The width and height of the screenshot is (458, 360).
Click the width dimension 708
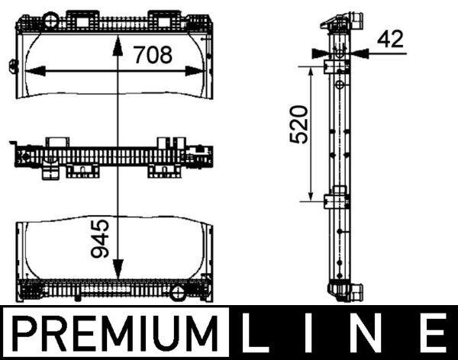[153, 55]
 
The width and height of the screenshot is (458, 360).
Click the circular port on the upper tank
[51, 18]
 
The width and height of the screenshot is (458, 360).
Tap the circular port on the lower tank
[177, 292]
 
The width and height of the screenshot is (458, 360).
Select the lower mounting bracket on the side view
[335, 201]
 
